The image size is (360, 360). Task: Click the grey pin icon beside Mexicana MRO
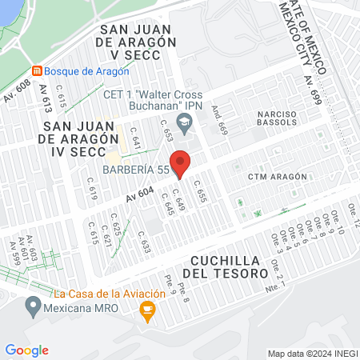tap(33, 306)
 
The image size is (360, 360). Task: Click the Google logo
tap(26, 350)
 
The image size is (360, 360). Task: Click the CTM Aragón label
tap(278, 176)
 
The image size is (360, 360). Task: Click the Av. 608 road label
tap(16, 92)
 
